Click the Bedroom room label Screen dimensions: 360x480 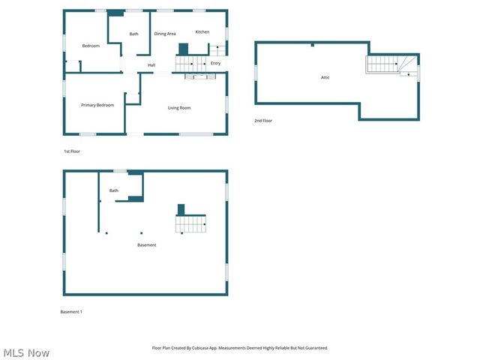click(x=91, y=46)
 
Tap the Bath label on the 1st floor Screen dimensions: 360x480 click(x=134, y=34)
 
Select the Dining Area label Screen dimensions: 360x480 click(x=165, y=34)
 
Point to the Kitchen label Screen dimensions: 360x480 click(x=202, y=31)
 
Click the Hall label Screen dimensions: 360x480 click(x=151, y=65)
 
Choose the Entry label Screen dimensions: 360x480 click(x=215, y=63)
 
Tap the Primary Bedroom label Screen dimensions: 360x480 click(x=97, y=105)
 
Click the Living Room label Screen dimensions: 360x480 click(x=179, y=108)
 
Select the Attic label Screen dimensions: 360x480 click(x=325, y=77)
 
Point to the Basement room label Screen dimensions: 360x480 click(x=147, y=245)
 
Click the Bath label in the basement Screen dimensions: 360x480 click(x=114, y=190)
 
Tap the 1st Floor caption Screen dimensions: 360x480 click(x=72, y=151)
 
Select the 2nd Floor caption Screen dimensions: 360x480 click(x=263, y=121)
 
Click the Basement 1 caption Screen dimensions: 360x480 click(x=71, y=311)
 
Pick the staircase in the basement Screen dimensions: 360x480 click(x=190, y=223)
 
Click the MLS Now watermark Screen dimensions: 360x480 click(x=26, y=352)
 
